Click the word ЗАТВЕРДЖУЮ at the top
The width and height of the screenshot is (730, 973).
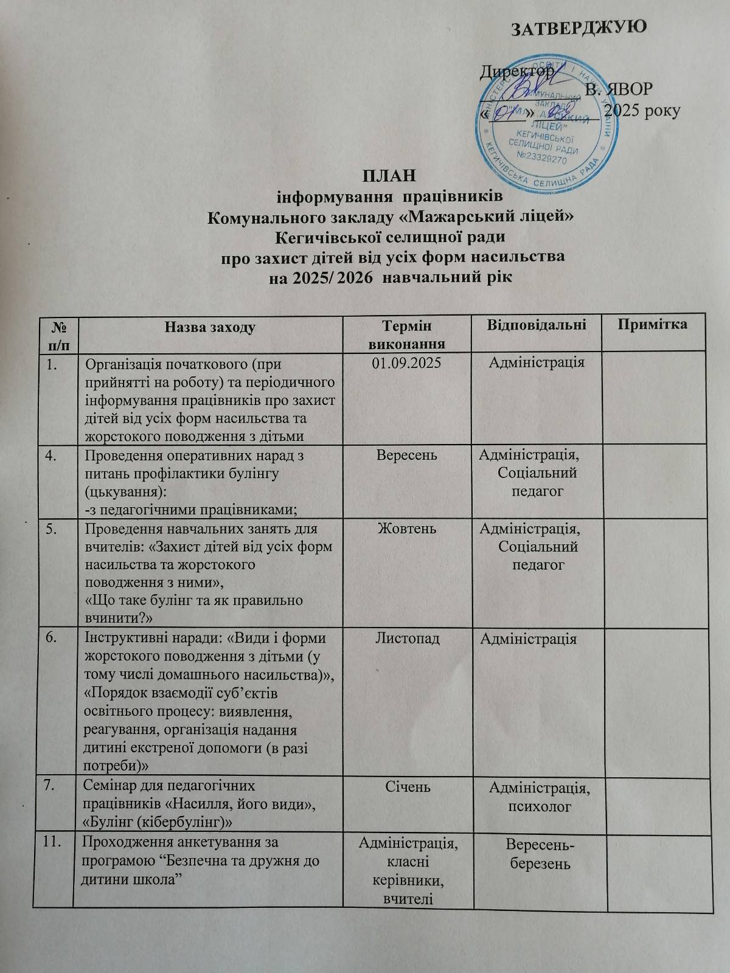(577, 29)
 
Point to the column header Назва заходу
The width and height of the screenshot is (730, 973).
(210, 327)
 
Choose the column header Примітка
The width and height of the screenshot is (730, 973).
(653, 324)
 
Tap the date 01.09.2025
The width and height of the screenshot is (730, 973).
(406, 363)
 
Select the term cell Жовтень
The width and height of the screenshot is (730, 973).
(406, 528)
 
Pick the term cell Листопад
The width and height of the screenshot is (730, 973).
(406, 638)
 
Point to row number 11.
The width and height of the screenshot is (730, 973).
(53, 843)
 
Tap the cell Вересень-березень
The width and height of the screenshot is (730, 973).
(537, 853)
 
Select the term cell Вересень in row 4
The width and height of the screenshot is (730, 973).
(406, 454)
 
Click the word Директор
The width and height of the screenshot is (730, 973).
(516, 72)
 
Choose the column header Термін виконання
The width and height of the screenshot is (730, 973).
(406, 334)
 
